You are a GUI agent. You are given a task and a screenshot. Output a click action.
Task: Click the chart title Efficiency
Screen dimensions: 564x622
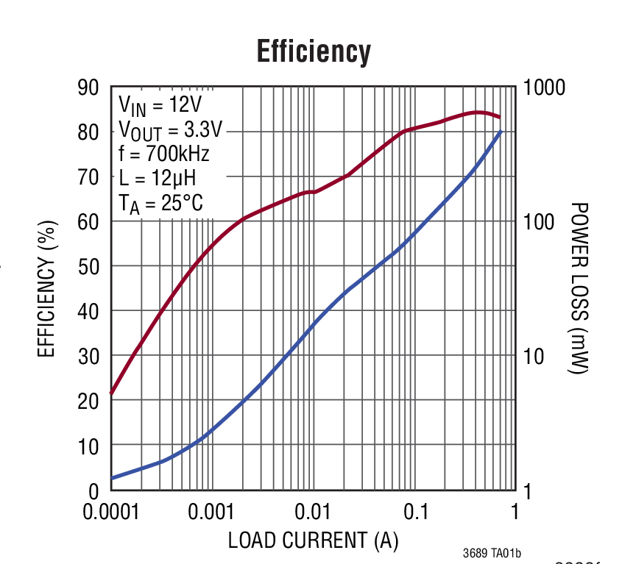[314, 52]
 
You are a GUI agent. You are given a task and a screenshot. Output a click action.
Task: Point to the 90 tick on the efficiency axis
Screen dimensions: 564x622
[88, 88]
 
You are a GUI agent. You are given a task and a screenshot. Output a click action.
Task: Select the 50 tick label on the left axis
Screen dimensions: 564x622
[88, 267]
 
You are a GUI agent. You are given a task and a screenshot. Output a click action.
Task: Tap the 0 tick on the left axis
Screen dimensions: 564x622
[93, 490]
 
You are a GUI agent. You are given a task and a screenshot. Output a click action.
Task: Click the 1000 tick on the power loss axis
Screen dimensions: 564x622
[544, 88]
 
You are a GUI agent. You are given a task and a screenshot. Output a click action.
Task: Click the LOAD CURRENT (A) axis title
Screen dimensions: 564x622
[313, 541]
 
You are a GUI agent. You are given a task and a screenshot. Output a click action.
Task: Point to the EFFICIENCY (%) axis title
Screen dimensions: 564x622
[47, 288]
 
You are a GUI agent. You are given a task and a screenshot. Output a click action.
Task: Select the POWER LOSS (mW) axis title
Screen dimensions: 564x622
[579, 288]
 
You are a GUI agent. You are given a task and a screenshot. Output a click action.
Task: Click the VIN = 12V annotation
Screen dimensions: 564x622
[160, 104]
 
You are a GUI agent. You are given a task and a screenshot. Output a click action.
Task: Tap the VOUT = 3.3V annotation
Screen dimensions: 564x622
[170, 130]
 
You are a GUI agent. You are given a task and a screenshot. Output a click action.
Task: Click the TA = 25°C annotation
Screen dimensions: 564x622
[160, 202]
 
